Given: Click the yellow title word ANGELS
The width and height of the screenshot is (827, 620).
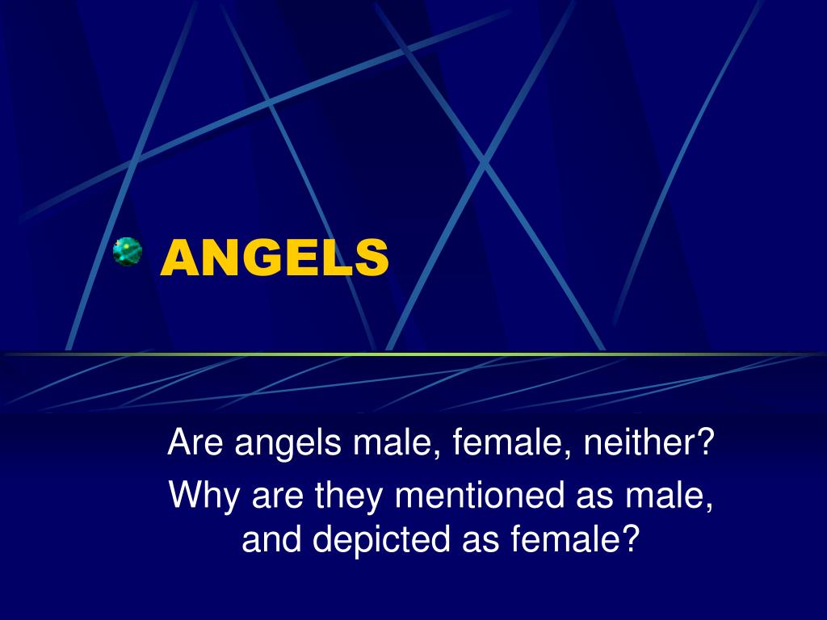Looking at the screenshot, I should pos(275,257).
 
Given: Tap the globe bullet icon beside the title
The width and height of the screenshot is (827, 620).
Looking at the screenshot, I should pos(128,253).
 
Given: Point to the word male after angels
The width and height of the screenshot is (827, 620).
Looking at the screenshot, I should pos(388,443).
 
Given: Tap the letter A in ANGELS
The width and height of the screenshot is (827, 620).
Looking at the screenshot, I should pos(178,257).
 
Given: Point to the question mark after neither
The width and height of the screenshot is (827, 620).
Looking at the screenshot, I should pos(707,443).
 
